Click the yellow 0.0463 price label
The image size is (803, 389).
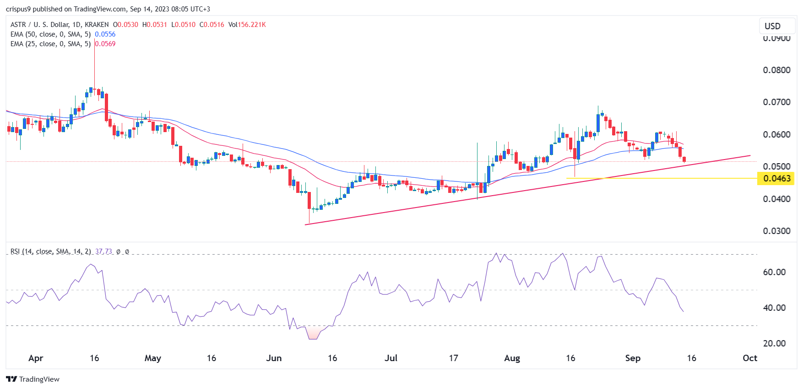(776, 178)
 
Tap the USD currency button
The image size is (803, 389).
(772, 26)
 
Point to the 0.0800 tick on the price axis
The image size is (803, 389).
(776, 70)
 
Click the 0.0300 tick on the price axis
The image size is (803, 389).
(776, 231)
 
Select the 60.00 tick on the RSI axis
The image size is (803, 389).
(774, 272)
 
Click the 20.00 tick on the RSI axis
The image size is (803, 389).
(774, 343)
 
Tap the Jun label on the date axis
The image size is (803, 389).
(274, 358)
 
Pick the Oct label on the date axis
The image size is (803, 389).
(749, 358)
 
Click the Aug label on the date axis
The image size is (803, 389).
(512, 358)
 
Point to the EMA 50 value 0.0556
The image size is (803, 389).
(105, 34)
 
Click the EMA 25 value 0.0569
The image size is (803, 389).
(105, 44)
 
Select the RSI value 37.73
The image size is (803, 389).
(103, 251)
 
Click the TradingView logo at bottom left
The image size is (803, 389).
(33, 379)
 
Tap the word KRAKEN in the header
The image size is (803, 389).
(97, 25)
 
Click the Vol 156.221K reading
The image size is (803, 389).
(247, 25)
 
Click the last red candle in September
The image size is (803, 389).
(684, 159)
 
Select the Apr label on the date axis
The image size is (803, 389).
(36, 358)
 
